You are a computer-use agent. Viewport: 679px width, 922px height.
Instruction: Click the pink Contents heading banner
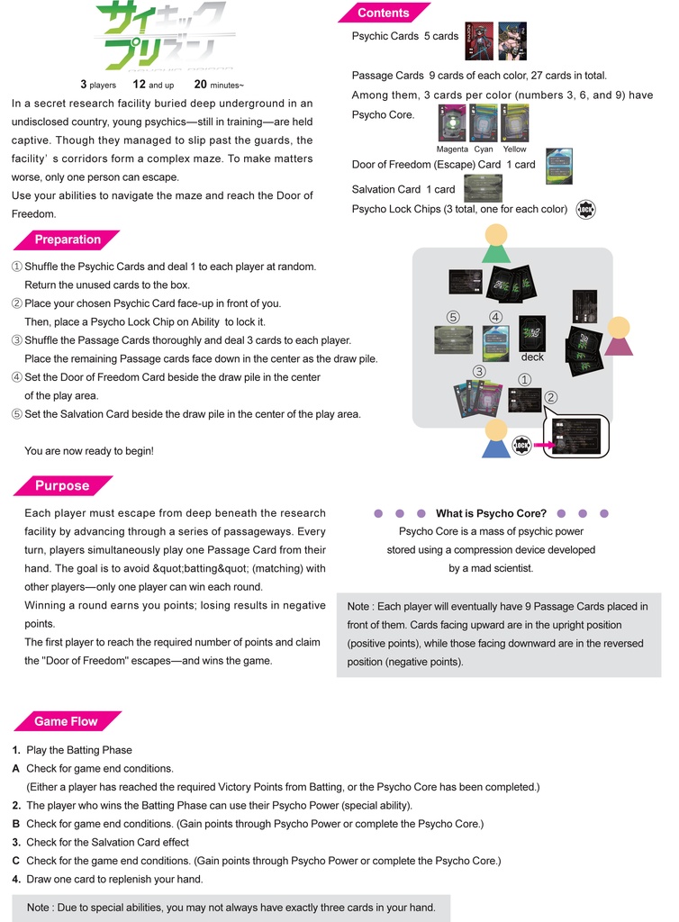click(x=383, y=13)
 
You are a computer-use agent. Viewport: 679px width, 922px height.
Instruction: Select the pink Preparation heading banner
click(x=68, y=240)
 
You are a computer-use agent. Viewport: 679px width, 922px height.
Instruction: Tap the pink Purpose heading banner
click(x=62, y=485)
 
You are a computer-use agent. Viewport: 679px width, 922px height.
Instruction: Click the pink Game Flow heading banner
click(x=66, y=721)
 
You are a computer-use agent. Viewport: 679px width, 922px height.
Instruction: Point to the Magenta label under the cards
click(x=452, y=149)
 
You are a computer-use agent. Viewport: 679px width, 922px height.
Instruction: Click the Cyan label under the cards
click(x=484, y=149)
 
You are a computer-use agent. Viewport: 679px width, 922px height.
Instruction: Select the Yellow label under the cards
click(x=515, y=149)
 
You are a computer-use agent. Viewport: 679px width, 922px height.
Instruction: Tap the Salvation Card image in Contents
click(x=483, y=189)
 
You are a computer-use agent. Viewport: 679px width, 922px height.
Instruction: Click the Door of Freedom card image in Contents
click(x=558, y=166)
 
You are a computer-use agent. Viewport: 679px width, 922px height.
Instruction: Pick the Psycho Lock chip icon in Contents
click(x=586, y=210)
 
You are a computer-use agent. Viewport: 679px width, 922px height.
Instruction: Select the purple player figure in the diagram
click(x=618, y=336)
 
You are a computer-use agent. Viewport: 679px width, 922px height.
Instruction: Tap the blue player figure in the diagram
click(x=495, y=438)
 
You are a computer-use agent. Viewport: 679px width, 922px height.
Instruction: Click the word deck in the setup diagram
click(x=532, y=357)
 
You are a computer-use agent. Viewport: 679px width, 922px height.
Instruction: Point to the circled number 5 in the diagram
click(x=453, y=317)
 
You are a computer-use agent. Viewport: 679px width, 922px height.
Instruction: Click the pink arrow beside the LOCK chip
click(x=543, y=444)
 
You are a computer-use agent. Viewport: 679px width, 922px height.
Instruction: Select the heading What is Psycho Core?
click(x=491, y=513)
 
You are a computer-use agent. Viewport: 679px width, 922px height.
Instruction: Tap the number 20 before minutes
click(x=201, y=85)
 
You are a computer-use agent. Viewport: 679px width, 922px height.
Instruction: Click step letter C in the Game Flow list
click(x=16, y=861)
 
